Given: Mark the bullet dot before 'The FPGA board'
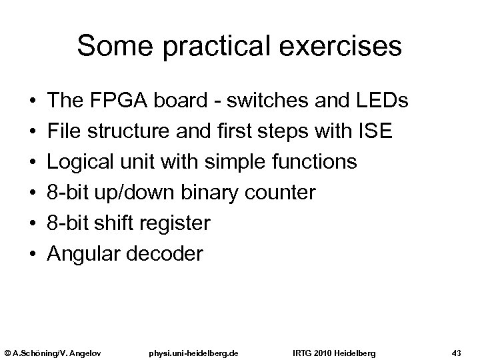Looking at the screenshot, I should point(33,101).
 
